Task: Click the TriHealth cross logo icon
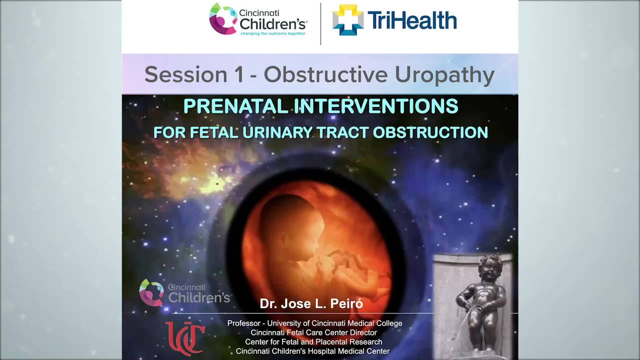(348, 20)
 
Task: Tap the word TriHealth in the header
(412, 21)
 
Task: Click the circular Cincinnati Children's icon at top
(223, 18)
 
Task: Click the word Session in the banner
(186, 75)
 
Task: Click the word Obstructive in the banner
(325, 75)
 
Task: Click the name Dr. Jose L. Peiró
(311, 303)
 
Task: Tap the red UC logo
(185, 338)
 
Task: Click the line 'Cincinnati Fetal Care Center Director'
(313, 332)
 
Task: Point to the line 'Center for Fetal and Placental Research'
(313, 342)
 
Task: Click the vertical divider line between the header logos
(320, 23)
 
